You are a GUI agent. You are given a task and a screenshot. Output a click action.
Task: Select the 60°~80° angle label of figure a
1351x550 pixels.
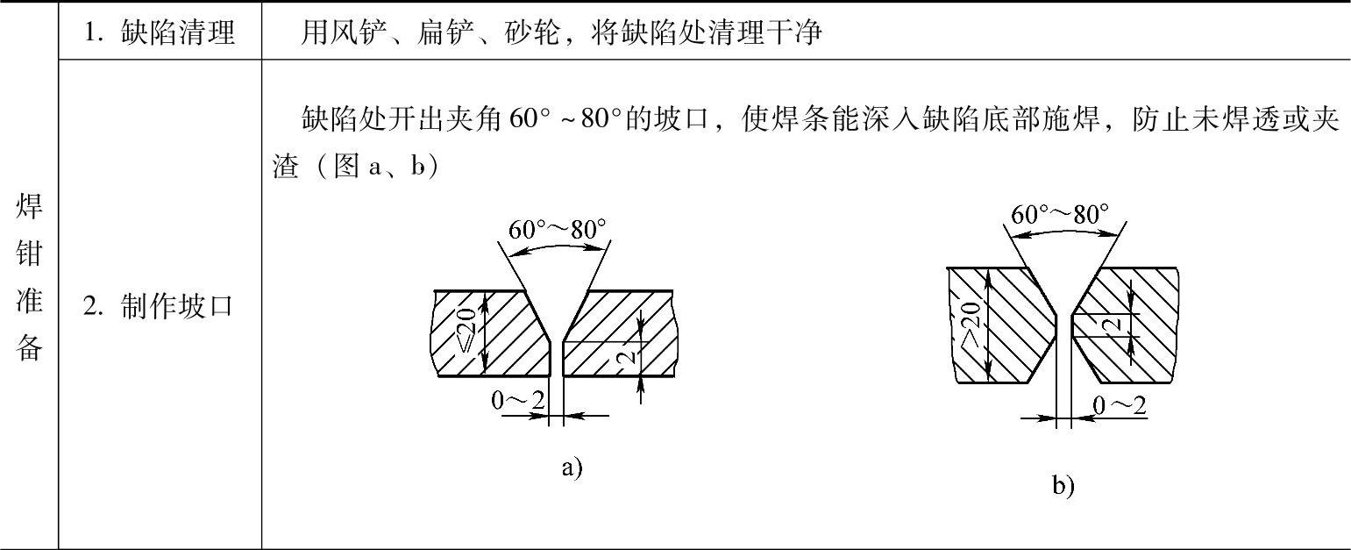coord(558,230)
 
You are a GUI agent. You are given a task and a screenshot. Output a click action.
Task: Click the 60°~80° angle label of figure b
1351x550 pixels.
coord(1059,214)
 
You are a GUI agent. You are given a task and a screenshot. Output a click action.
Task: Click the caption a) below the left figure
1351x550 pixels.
coord(572,467)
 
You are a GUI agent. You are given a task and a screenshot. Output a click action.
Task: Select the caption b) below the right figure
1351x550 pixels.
coord(1063,485)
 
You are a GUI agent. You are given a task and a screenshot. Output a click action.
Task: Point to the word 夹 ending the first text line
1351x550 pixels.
coord(1325,118)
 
